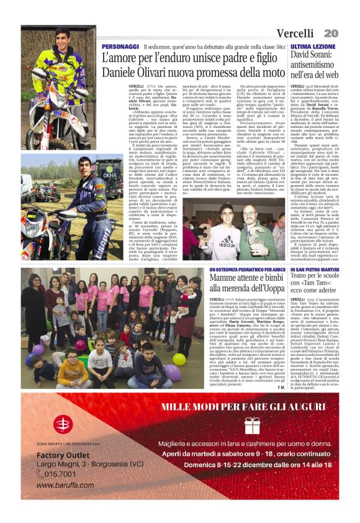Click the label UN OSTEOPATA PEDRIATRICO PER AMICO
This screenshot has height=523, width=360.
pos(232,270)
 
